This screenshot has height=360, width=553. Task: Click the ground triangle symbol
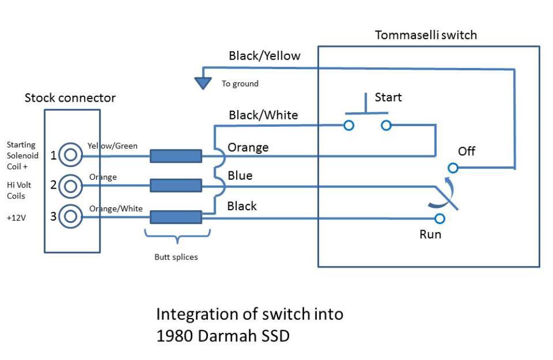tap(203, 83)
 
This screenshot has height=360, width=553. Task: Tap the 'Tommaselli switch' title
tap(426, 35)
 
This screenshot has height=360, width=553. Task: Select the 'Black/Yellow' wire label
tap(264, 56)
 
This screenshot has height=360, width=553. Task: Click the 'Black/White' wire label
tap(263, 115)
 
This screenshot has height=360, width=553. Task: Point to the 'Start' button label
tap(388, 97)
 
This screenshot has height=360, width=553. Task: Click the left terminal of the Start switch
tap(349, 125)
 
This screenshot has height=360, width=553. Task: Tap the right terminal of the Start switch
tap(386, 125)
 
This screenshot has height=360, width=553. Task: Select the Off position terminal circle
tap(453, 168)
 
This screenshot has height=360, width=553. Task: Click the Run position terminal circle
tap(440, 218)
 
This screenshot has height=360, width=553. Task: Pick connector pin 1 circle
tap(71, 154)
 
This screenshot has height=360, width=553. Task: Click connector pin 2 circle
tap(71, 186)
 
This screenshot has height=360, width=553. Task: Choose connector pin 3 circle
tap(71, 216)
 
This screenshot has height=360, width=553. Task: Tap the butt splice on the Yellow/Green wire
tap(176, 156)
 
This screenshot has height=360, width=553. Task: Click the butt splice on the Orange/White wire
tap(176, 217)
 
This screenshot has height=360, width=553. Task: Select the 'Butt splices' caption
tap(176, 257)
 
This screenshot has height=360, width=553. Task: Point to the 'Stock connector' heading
tap(70, 98)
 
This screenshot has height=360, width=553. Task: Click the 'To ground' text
tap(240, 84)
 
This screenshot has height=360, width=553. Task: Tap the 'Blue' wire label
tap(240, 176)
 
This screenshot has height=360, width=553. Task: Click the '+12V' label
tap(16, 217)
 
